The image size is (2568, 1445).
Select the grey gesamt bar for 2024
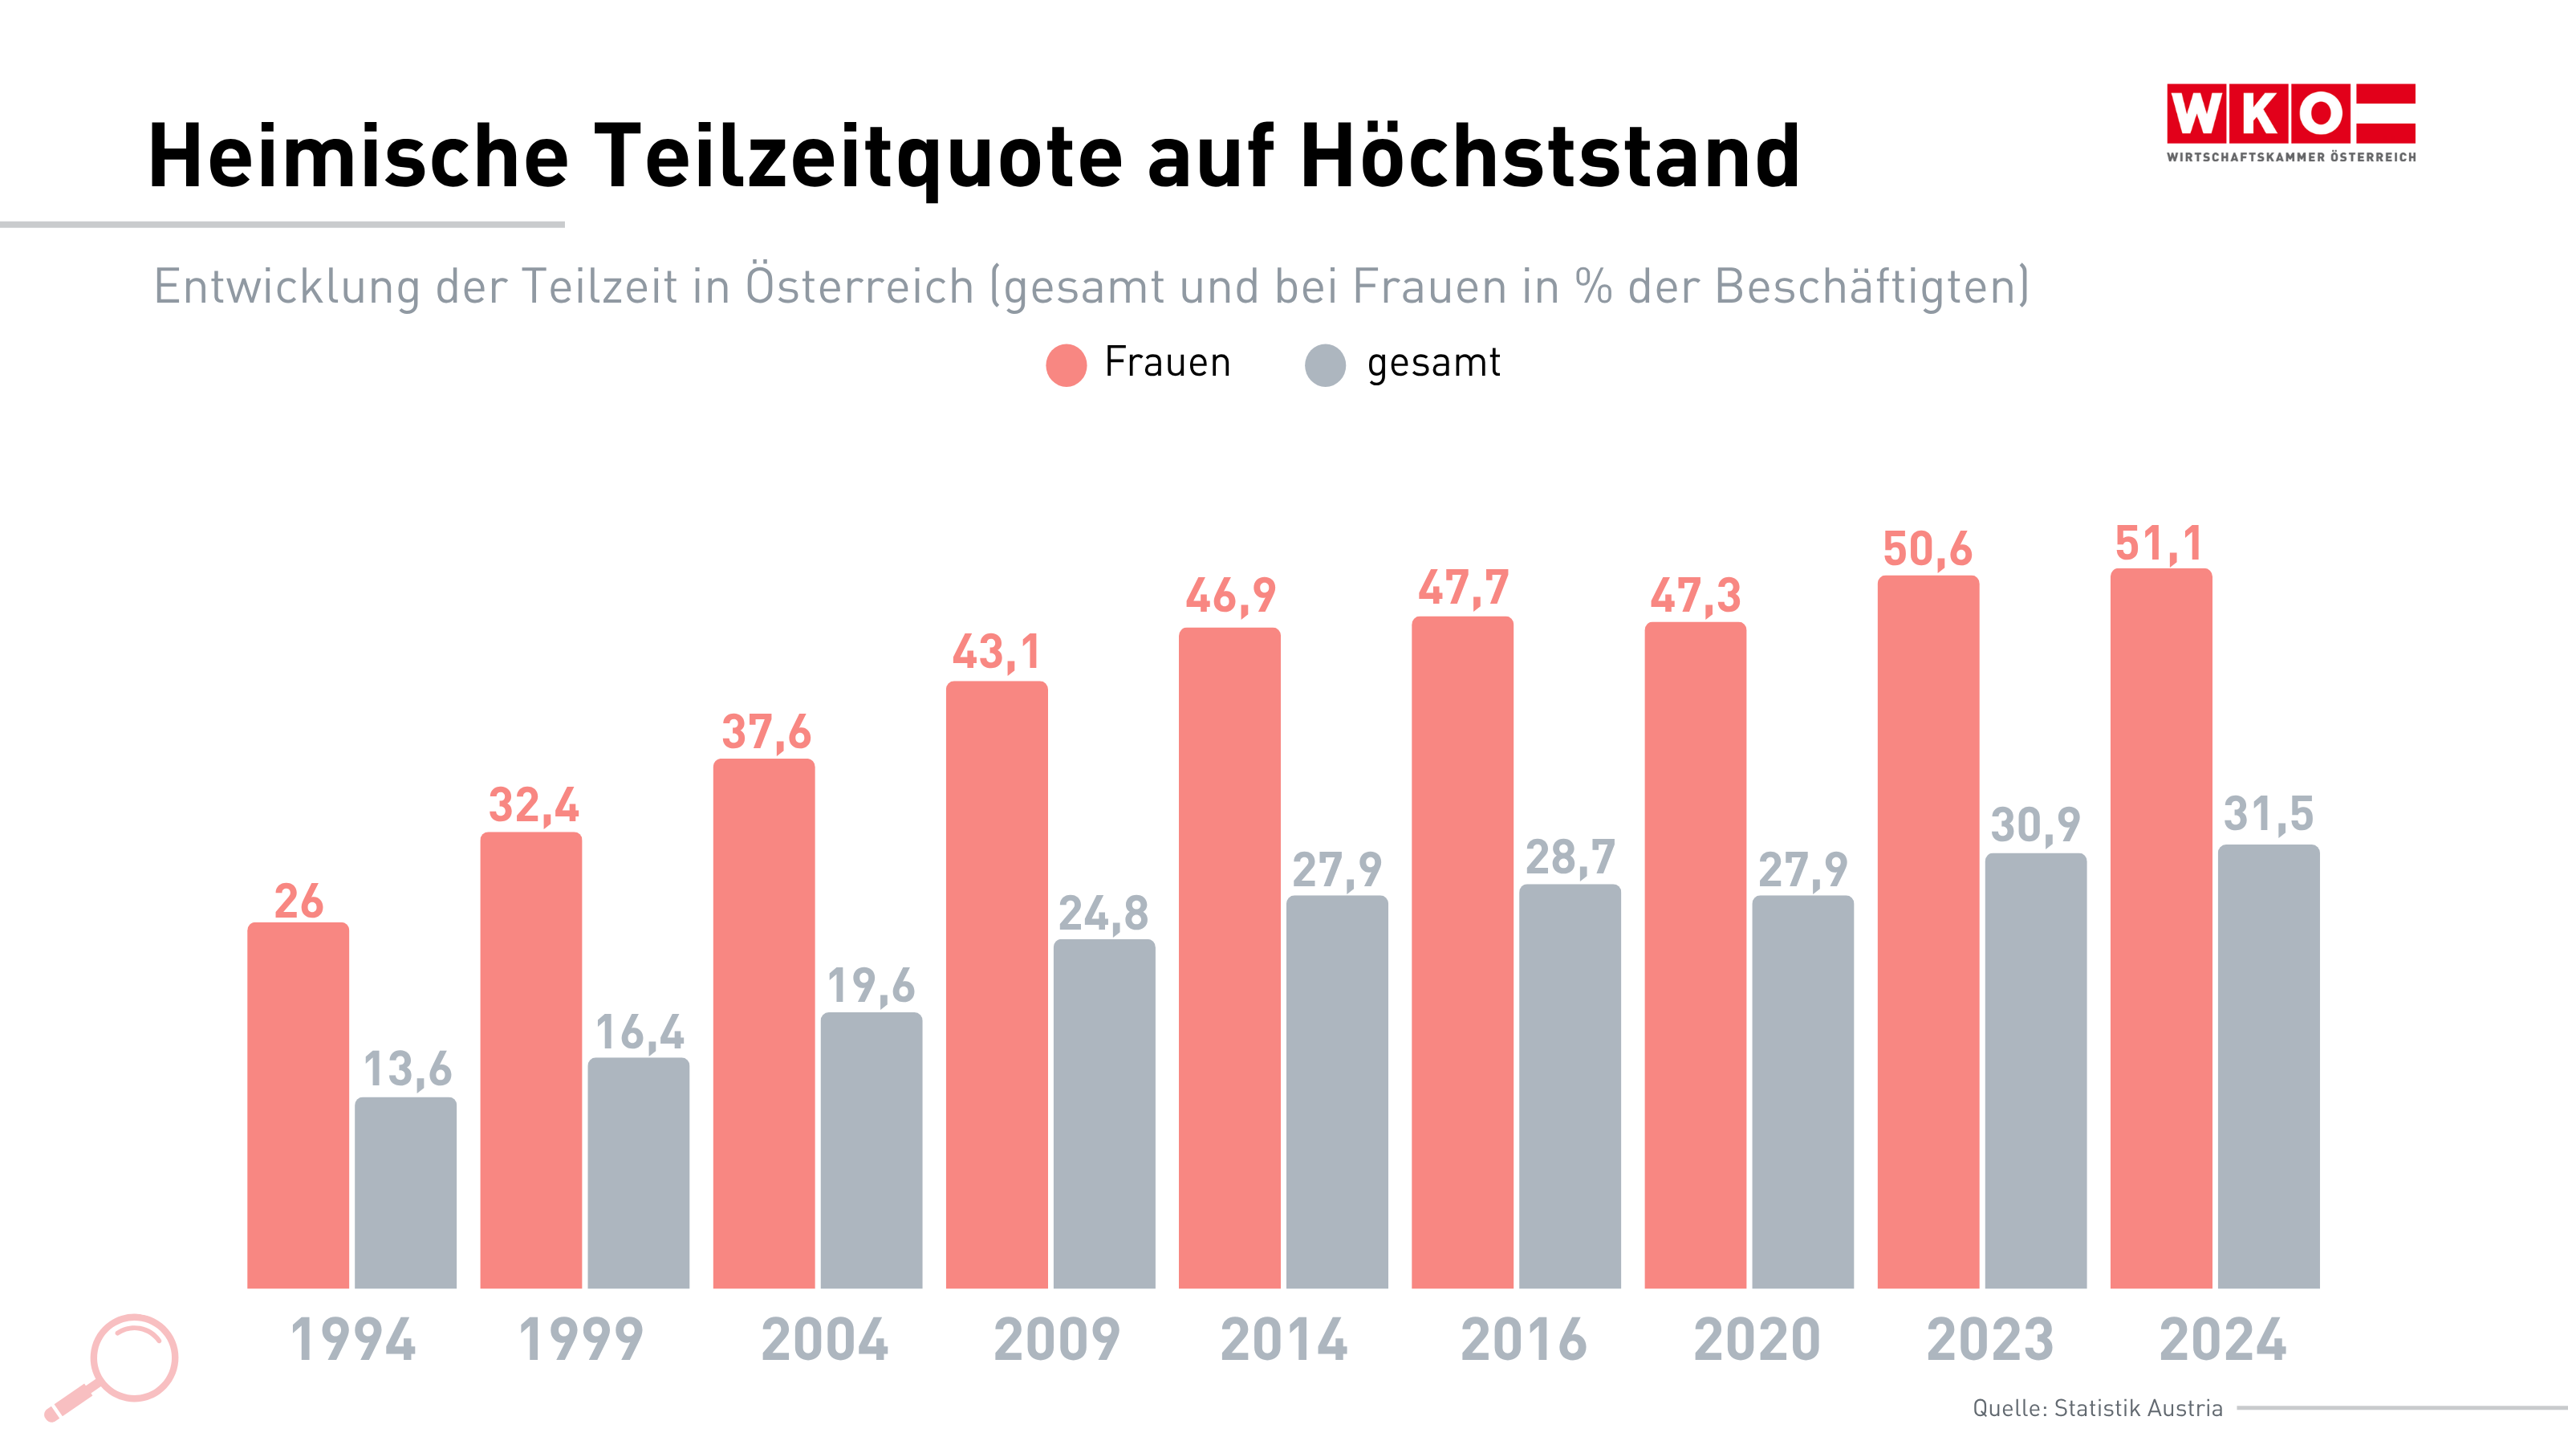pos(2268,1066)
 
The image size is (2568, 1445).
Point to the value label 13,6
pos(407,1069)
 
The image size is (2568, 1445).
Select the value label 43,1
pos(996,653)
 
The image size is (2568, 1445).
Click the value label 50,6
pos(1927,549)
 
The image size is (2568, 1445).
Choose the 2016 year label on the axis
pos(1523,1339)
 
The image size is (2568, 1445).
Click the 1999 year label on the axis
pos(580,1339)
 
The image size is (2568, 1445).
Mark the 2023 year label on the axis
pos(1990,1339)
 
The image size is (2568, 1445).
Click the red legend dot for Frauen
pos(1066,365)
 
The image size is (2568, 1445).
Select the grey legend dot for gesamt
pos(1325,365)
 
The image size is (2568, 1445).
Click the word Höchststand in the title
pos(1550,157)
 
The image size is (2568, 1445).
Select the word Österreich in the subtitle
pos(859,287)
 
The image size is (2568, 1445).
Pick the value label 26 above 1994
pos(298,902)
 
